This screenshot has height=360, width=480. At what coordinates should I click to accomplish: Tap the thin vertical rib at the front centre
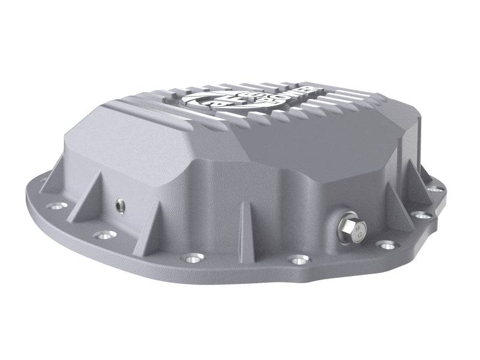click(x=243, y=228)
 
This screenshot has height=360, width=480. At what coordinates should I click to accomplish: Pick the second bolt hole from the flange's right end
click(x=424, y=214)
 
